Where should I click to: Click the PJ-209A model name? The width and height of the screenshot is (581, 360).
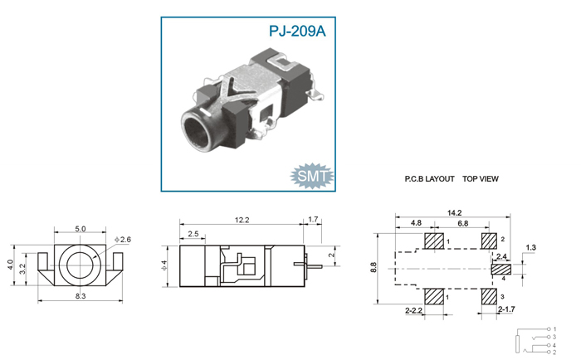point(297,32)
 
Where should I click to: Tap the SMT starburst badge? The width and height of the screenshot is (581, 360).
point(312,176)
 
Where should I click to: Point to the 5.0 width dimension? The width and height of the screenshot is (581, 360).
point(81,229)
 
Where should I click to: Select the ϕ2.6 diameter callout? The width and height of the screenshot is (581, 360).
point(123,240)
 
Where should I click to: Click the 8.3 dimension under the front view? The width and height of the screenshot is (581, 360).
point(81,296)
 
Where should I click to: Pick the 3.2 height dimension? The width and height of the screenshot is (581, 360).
point(22,269)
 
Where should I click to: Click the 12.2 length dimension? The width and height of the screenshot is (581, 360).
point(242,220)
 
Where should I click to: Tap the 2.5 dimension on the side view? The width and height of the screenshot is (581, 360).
point(193,234)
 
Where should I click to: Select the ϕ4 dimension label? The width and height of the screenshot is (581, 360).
point(164,265)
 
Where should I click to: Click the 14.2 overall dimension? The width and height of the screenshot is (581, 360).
point(454,213)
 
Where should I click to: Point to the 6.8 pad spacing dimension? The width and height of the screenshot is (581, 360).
point(463,223)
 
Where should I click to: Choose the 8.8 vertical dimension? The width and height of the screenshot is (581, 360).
point(373,267)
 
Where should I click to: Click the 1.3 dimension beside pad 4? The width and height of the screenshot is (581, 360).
point(531,247)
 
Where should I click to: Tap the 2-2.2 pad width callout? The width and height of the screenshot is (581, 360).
point(414,310)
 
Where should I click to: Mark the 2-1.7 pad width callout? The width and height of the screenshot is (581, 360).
point(506,309)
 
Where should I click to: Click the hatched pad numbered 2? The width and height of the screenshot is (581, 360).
point(489,241)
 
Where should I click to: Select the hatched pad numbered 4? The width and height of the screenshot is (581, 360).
point(501,270)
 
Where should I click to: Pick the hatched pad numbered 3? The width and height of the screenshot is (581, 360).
point(489,296)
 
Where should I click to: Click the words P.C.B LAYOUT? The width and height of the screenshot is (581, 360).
point(429,179)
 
